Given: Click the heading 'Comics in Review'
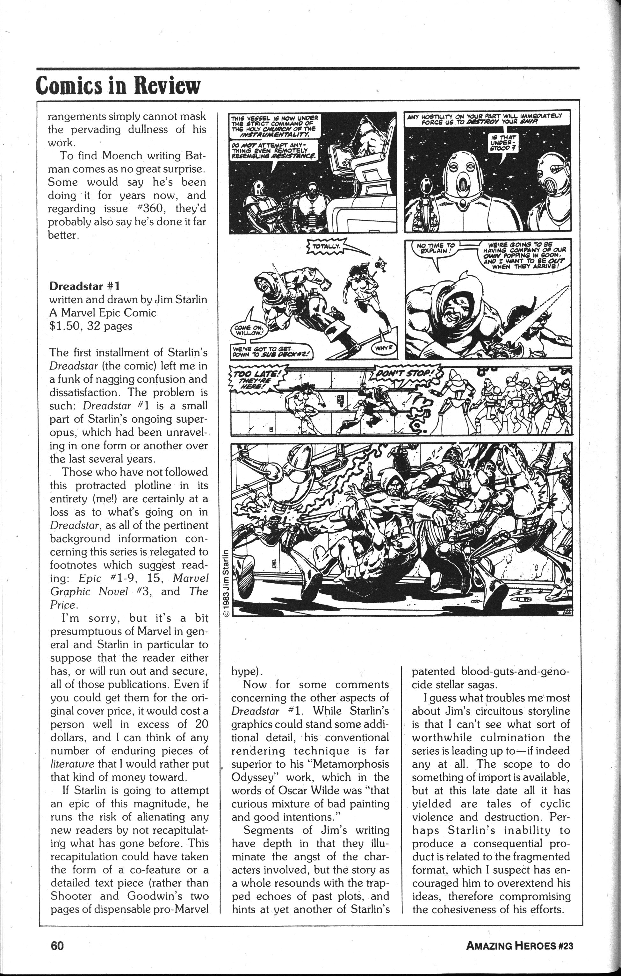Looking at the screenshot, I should pos(118,85).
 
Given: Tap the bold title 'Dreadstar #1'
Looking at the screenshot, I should pos(84,286).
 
